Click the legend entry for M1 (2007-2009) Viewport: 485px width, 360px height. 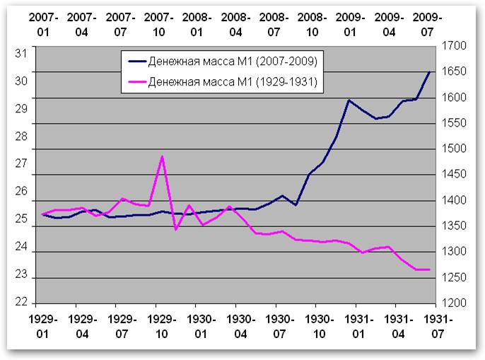[223, 62]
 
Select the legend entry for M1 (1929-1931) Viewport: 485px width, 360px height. [223, 82]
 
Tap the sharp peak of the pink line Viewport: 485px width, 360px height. [162, 156]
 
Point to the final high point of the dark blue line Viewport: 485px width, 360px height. [429, 72]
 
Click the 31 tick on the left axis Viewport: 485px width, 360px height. [21, 54]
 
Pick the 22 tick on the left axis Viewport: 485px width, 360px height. [21, 302]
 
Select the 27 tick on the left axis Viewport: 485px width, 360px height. [21, 163]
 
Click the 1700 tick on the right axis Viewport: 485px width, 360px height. [454, 46]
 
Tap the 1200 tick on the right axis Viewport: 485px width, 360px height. [454, 303]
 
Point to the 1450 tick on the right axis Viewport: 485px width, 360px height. [454, 174]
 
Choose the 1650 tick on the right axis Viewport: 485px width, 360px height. [454, 71]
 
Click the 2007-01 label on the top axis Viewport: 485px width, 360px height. [43, 25]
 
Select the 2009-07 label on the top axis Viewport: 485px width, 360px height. [427, 25]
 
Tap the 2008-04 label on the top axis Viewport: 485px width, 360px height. [235, 25]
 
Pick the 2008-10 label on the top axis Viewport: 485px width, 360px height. [312, 25]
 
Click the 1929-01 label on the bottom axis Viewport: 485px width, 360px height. [43, 327]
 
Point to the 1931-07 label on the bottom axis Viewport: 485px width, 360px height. [438, 327]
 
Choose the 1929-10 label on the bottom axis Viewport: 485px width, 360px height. [161, 327]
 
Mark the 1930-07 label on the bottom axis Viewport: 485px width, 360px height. [280, 327]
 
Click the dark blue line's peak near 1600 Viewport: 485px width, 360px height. [349, 100]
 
